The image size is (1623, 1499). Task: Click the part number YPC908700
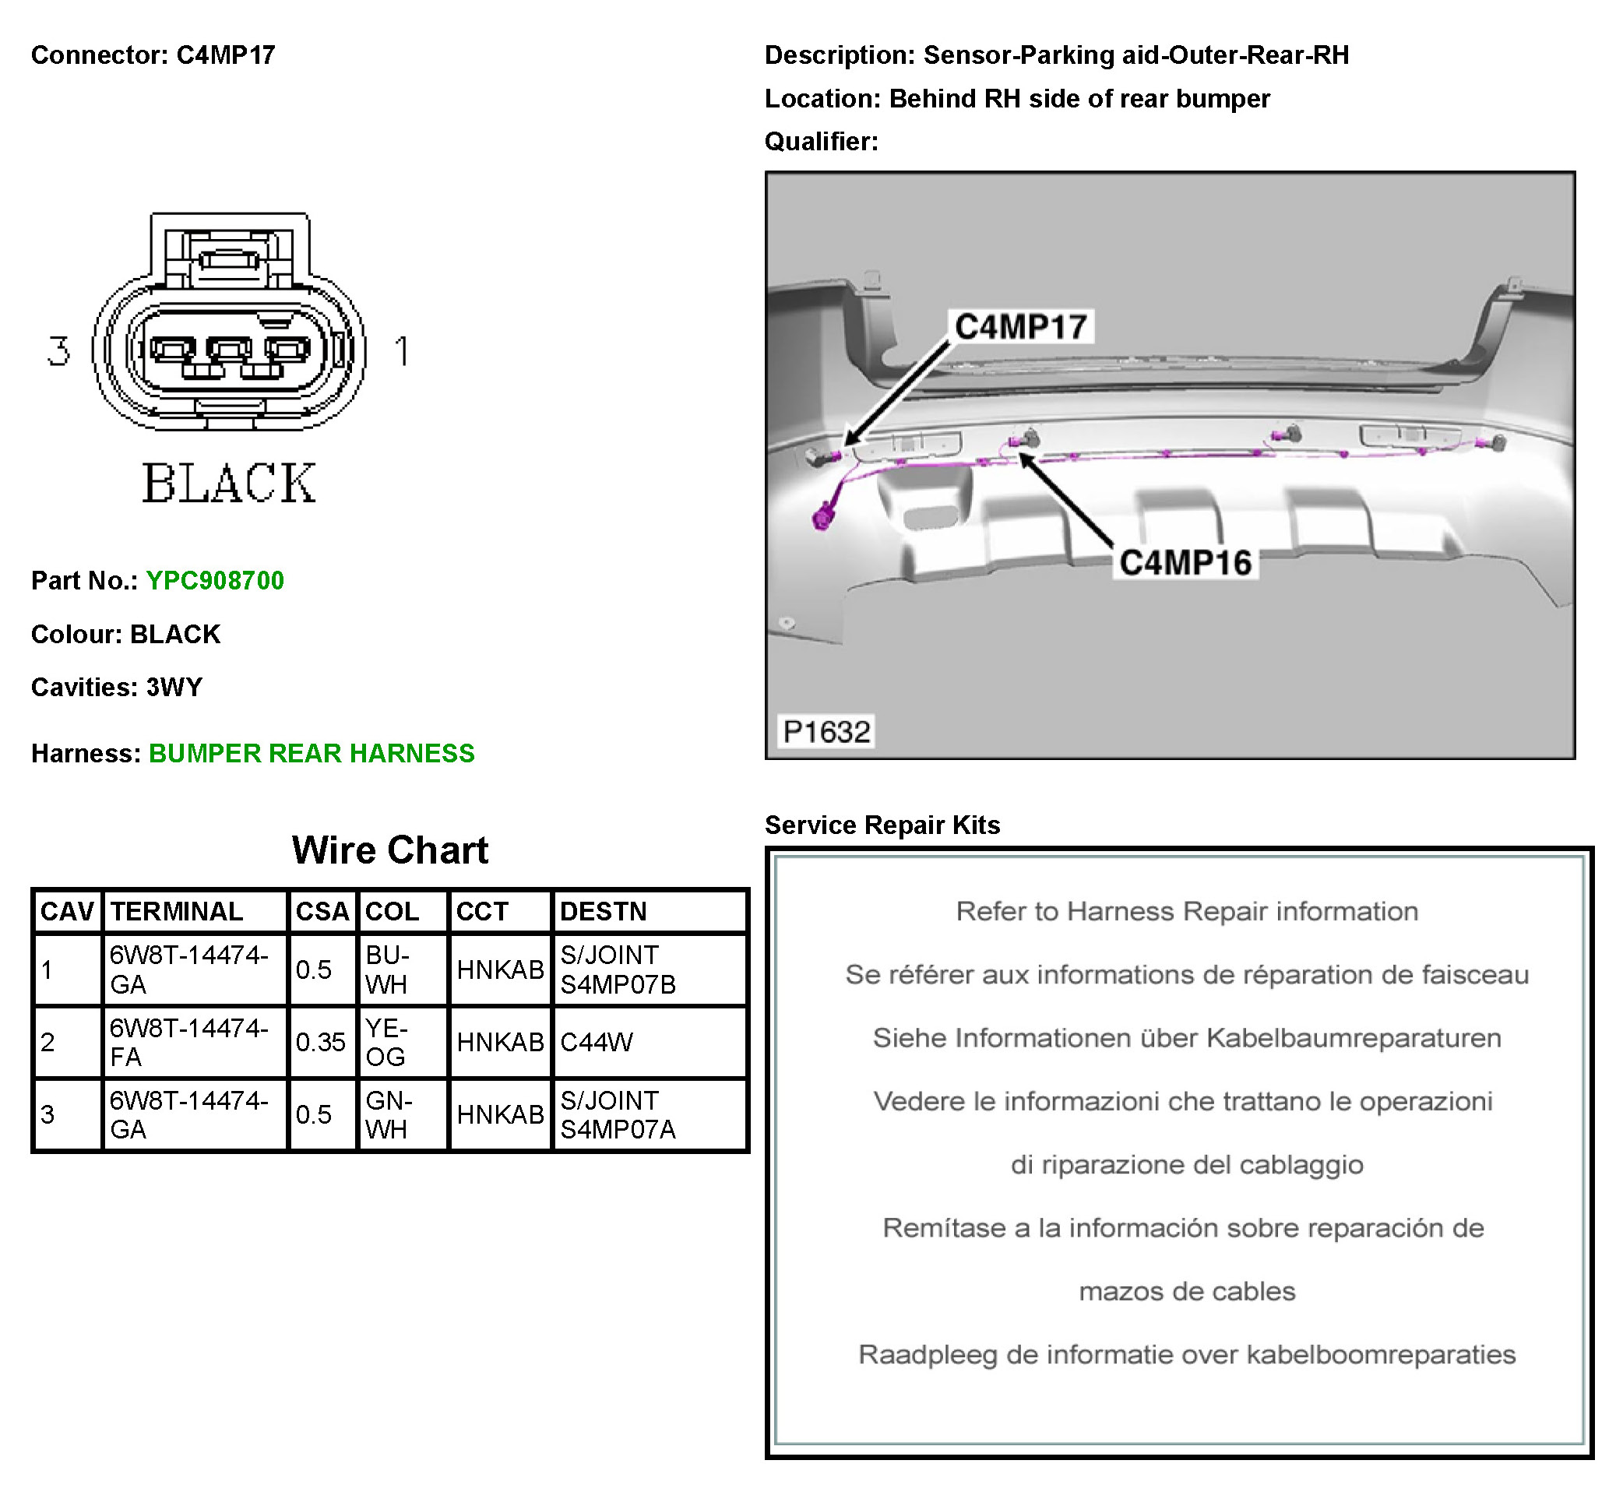tap(215, 581)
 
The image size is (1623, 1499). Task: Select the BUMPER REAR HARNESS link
tap(312, 754)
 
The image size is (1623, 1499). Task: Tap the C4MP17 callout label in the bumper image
tap(1020, 327)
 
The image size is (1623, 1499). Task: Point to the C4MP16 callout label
tap(1185, 563)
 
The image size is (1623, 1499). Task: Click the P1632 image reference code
tap(826, 732)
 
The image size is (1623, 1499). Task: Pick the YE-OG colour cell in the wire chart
tap(387, 1043)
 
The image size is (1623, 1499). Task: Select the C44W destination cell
tap(597, 1043)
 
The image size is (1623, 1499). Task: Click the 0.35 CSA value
tap(320, 1043)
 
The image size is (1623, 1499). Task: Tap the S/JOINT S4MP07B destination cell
tap(618, 970)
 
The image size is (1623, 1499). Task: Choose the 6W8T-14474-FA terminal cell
tap(189, 1043)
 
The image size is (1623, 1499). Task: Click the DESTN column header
tap(604, 912)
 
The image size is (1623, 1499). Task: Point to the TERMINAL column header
tap(177, 912)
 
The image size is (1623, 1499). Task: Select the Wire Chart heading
tap(390, 851)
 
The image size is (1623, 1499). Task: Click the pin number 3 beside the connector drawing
tap(58, 351)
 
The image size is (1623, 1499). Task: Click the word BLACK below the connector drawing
tap(230, 484)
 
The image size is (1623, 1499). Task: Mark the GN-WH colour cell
tap(389, 1114)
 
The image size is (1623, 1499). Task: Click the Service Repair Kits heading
tap(882, 825)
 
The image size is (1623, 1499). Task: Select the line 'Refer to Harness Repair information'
tap(1187, 912)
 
